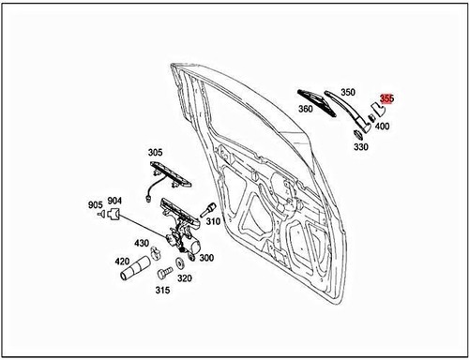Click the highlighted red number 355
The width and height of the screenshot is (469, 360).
pyautogui.click(x=387, y=98)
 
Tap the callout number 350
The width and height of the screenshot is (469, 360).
pyautogui.click(x=347, y=93)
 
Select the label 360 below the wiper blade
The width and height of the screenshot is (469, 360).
pyautogui.click(x=306, y=109)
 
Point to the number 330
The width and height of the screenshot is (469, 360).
pyautogui.click(x=361, y=147)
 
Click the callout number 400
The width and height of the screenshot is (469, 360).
pyautogui.click(x=383, y=126)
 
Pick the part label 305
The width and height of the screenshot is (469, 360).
pyautogui.click(x=156, y=152)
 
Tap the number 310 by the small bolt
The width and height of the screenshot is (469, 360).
pyautogui.click(x=213, y=222)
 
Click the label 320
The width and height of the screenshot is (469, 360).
pyautogui.click(x=185, y=277)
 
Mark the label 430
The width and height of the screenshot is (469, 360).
pyautogui.click(x=142, y=244)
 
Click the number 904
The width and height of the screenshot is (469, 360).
pyautogui.click(x=114, y=200)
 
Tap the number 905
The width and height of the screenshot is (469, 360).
pyautogui.click(x=95, y=205)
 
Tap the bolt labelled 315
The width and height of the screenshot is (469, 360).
pyautogui.click(x=163, y=273)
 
